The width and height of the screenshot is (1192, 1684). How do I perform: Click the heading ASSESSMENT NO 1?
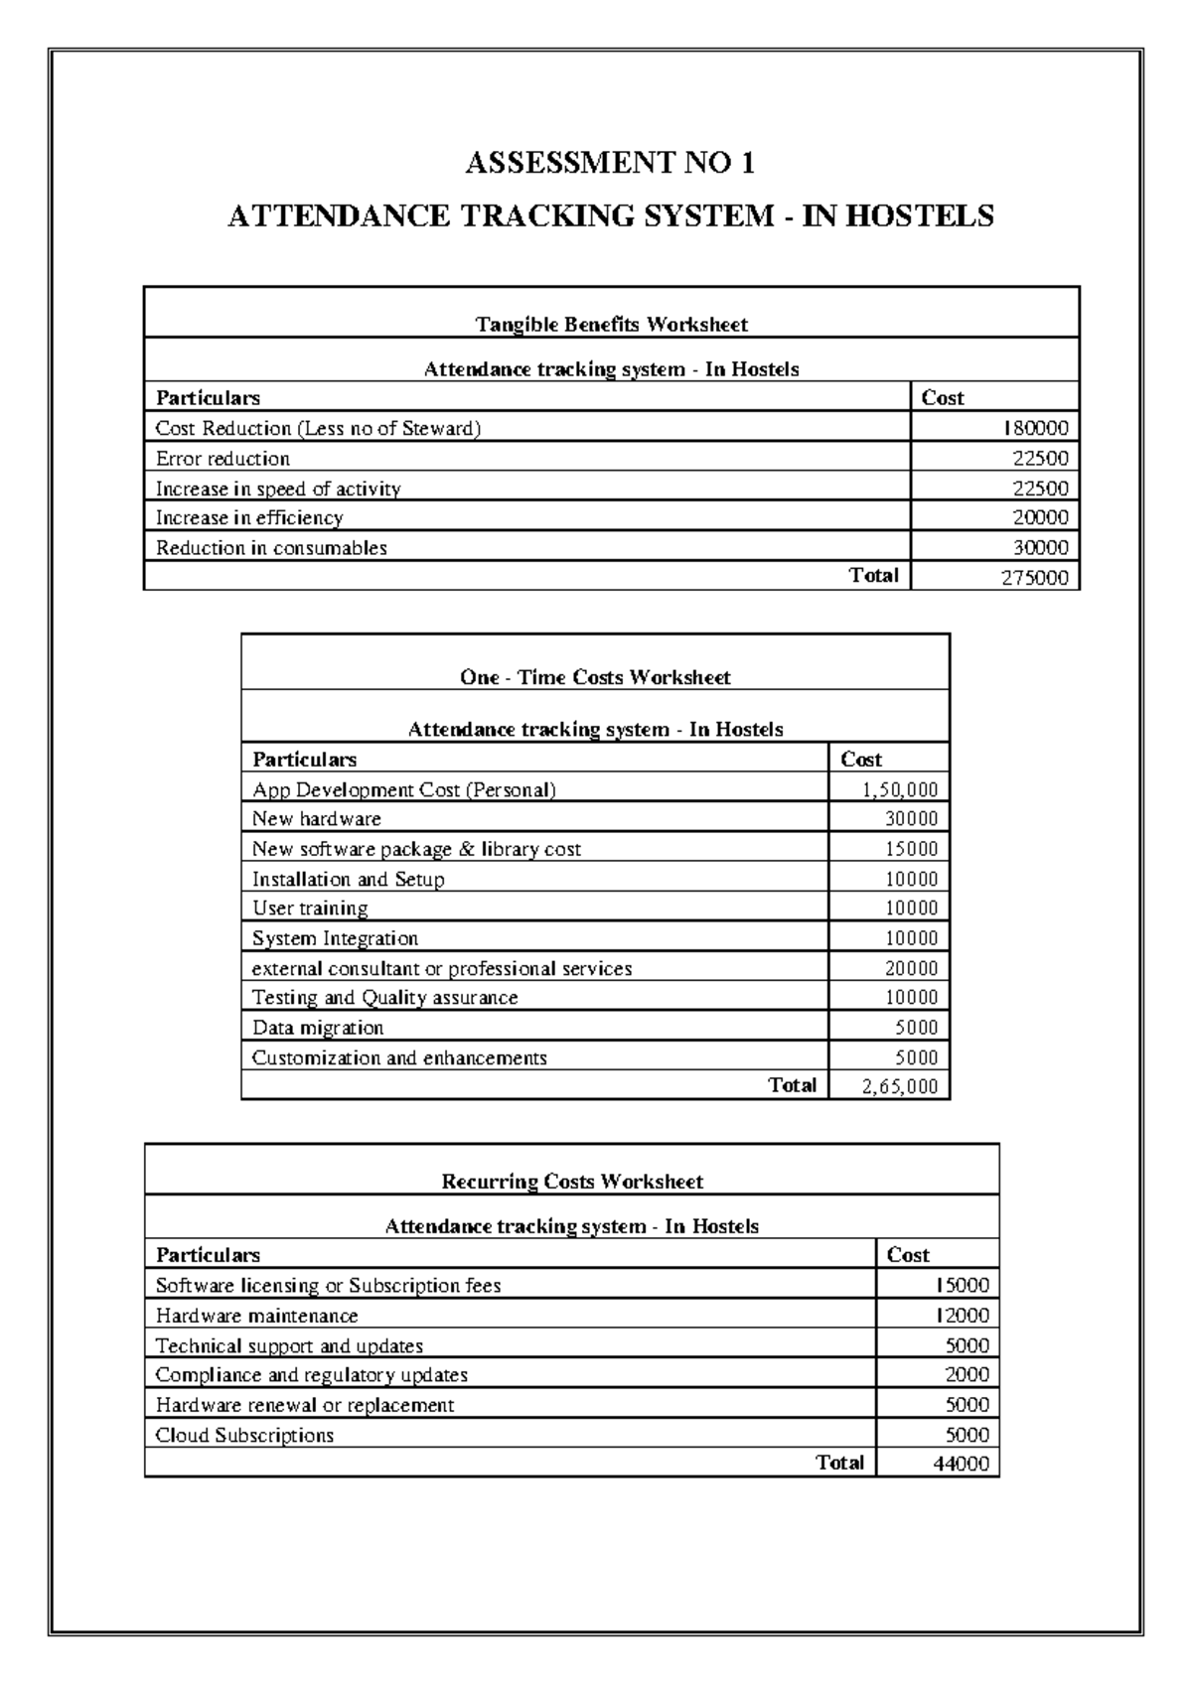coord(610,162)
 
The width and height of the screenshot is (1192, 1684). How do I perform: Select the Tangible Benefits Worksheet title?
coord(611,324)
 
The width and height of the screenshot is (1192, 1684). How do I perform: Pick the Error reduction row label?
coord(223,459)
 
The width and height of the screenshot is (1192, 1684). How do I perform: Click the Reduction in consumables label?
coord(271,548)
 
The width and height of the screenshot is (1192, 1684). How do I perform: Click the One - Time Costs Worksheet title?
coord(595,677)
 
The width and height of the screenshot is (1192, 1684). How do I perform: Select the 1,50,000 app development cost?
coord(900,790)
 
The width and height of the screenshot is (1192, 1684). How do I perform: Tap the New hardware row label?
coord(316,819)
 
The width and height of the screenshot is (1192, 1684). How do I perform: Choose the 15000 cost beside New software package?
coord(911,849)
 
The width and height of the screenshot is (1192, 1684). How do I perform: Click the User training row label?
coord(310,909)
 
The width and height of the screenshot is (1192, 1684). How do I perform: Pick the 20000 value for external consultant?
coord(911,968)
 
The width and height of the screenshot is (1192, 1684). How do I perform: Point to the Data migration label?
coord(318,1028)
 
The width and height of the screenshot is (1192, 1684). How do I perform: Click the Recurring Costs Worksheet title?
coord(571,1182)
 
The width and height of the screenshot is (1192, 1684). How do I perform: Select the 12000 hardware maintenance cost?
coord(961,1316)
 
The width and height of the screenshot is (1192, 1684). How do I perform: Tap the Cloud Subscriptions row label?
coord(244,1435)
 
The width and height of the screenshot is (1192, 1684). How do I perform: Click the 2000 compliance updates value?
coord(967,1375)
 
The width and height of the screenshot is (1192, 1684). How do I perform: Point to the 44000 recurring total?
coord(961,1464)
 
